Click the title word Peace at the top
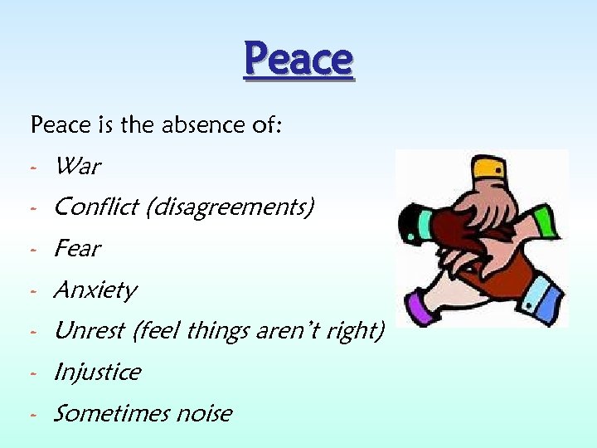pyautogui.click(x=298, y=60)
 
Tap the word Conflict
pyautogui.click(x=96, y=207)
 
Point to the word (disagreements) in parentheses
pyautogui.click(x=230, y=207)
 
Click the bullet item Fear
pyautogui.click(x=77, y=249)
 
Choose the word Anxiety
pyautogui.click(x=95, y=290)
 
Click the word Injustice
pyautogui.click(x=96, y=373)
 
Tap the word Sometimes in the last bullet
pyautogui.click(x=104, y=413)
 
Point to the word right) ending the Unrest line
pyautogui.click(x=359, y=331)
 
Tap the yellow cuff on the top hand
pyautogui.click(x=488, y=169)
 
